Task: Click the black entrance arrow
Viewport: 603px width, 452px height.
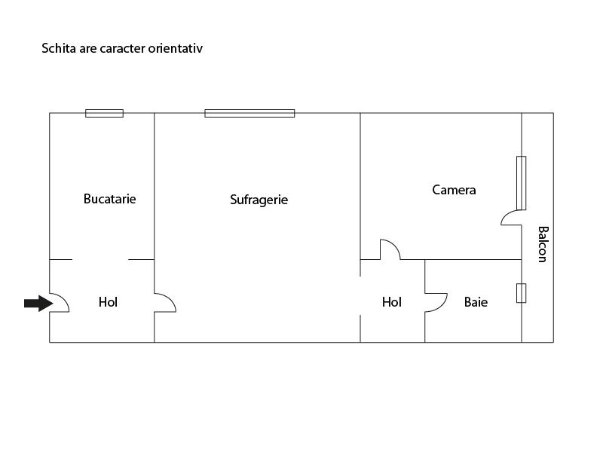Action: click(x=38, y=304)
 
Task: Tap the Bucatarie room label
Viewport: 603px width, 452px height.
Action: click(x=109, y=199)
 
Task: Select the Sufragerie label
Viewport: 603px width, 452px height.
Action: click(x=259, y=200)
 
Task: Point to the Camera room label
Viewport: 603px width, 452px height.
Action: click(x=454, y=190)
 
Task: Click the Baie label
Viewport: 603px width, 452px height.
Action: click(x=476, y=302)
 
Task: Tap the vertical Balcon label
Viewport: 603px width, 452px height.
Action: click(x=543, y=244)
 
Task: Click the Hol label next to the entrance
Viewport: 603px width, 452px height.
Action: click(x=108, y=302)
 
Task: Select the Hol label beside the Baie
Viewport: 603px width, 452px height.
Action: click(x=391, y=302)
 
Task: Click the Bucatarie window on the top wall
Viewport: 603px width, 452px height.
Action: click(x=104, y=113)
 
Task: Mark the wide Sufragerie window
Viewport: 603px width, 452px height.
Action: click(x=249, y=113)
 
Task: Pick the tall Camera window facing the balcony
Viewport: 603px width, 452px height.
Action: click(x=521, y=183)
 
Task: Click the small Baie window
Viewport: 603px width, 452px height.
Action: click(x=521, y=293)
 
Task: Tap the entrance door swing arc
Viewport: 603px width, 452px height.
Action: click(x=64, y=299)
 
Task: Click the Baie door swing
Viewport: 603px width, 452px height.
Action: click(x=442, y=306)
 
